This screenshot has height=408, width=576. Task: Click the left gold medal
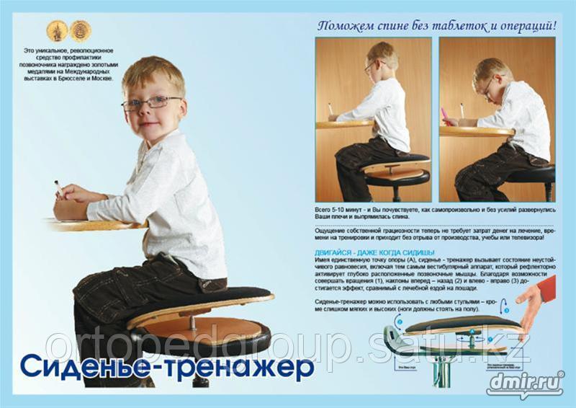57,30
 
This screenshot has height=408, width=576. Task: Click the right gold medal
80,30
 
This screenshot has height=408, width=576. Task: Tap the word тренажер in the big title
248,365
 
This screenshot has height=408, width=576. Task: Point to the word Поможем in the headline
346,27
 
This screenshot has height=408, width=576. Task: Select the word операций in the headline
523,27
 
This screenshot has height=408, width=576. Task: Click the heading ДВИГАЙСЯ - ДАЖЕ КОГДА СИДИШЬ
374,252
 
